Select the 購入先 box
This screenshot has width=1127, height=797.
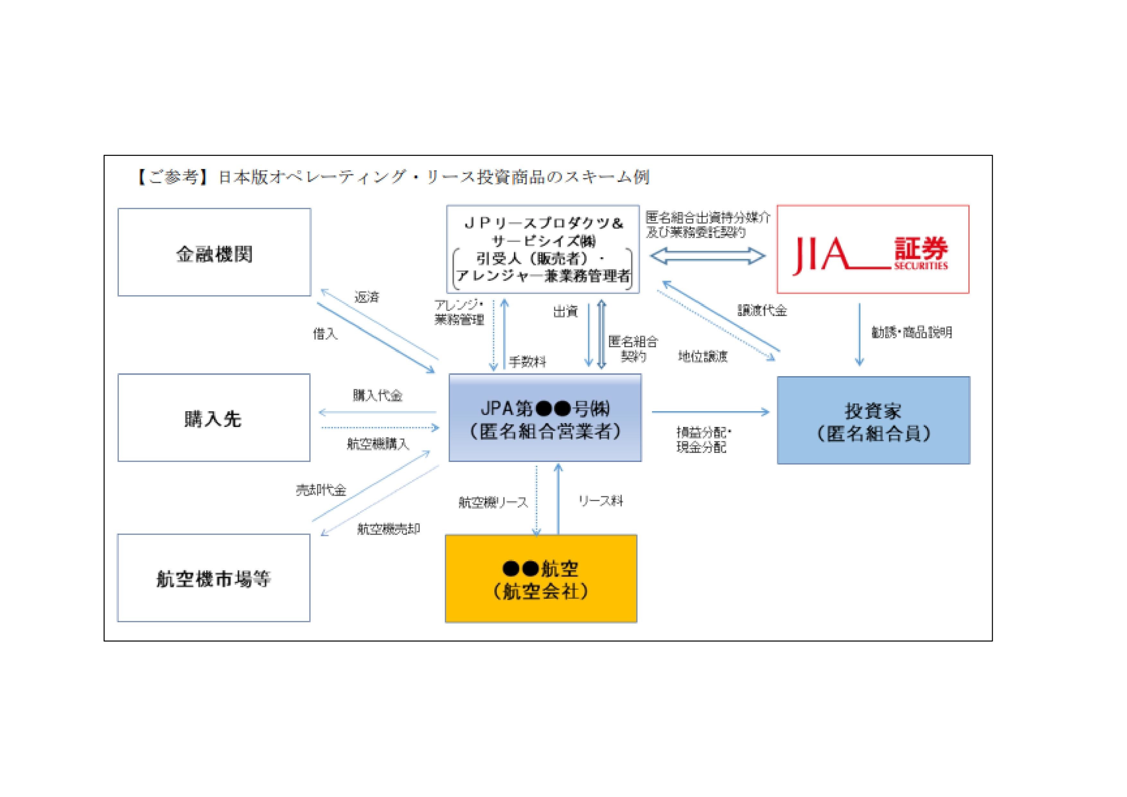click(x=214, y=418)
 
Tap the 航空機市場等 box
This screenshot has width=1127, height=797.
click(x=214, y=578)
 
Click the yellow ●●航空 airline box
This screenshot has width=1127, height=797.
click(x=541, y=579)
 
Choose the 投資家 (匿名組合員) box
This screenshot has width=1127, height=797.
click(x=873, y=421)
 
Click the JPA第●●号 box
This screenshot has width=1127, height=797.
click(x=545, y=418)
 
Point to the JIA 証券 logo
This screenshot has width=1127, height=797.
click(x=872, y=250)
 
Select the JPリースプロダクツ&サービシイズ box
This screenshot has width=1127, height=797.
click(x=543, y=250)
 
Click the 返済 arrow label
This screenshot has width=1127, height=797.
click(x=367, y=297)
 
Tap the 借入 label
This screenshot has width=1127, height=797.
click(x=325, y=334)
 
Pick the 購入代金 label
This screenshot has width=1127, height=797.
click(x=377, y=395)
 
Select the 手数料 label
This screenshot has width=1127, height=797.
click(x=528, y=362)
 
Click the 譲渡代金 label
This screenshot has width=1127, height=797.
click(x=762, y=310)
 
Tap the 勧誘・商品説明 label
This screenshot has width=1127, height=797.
click(x=911, y=332)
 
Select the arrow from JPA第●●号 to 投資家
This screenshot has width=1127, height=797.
click(x=710, y=412)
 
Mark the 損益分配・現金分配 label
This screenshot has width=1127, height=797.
click(x=703, y=439)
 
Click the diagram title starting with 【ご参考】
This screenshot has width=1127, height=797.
click(x=393, y=177)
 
